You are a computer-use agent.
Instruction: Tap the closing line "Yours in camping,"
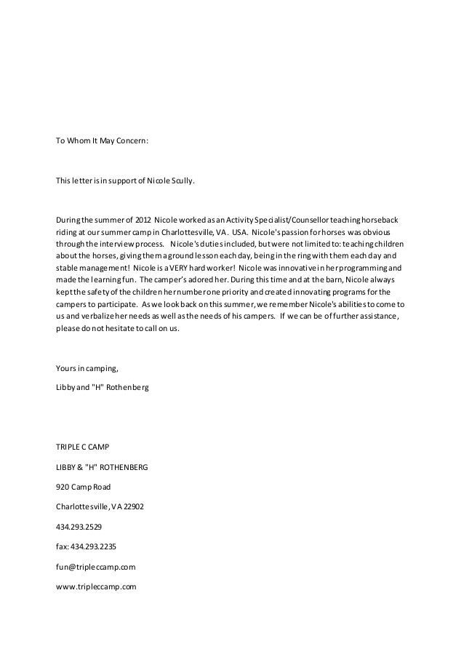(87, 367)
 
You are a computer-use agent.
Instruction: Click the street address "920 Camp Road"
(84, 486)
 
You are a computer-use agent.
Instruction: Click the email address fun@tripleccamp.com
(96, 566)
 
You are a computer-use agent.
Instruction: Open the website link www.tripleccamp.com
(96, 586)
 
